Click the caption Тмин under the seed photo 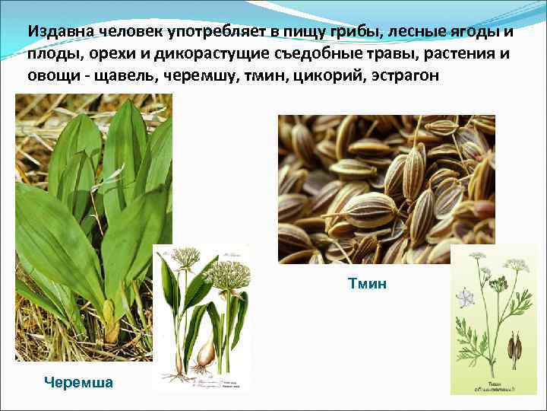[x=368, y=284]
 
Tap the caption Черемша [x=79, y=382]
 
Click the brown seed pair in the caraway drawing [x=514, y=347]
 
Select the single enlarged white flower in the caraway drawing [x=465, y=298]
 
